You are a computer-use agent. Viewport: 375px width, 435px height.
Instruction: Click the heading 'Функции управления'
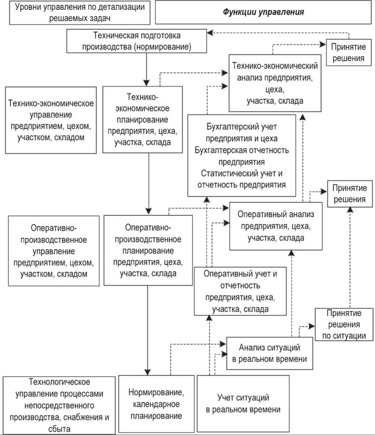[x=263, y=12]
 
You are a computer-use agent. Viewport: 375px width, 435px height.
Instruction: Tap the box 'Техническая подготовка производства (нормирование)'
[x=137, y=42]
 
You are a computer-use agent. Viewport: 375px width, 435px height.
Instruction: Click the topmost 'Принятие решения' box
[x=349, y=52]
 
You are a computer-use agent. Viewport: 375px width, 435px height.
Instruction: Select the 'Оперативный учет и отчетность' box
[x=240, y=291]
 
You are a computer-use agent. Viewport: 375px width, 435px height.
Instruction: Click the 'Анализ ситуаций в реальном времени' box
[x=270, y=352]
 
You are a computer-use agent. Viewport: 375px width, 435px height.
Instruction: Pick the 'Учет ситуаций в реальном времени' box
[x=243, y=403]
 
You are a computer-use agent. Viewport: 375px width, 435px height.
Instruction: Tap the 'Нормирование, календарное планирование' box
[x=156, y=403]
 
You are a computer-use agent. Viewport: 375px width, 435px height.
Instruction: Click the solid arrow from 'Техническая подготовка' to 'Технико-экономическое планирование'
[x=147, y=69]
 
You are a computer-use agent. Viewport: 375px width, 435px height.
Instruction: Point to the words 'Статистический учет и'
[x=242, y=174]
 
